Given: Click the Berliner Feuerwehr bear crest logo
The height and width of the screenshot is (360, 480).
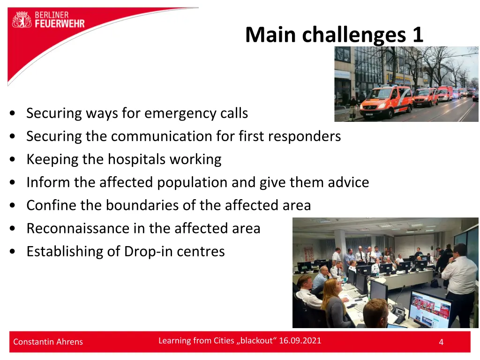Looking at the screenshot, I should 22,19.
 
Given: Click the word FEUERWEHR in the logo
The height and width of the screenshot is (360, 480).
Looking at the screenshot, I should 60,23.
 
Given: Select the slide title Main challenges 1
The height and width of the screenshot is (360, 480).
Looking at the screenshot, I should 334,35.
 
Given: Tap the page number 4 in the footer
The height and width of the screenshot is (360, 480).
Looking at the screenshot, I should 441,342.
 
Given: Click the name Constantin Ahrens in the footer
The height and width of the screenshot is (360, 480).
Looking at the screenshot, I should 48,342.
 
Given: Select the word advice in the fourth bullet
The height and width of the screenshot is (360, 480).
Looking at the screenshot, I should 348,182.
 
